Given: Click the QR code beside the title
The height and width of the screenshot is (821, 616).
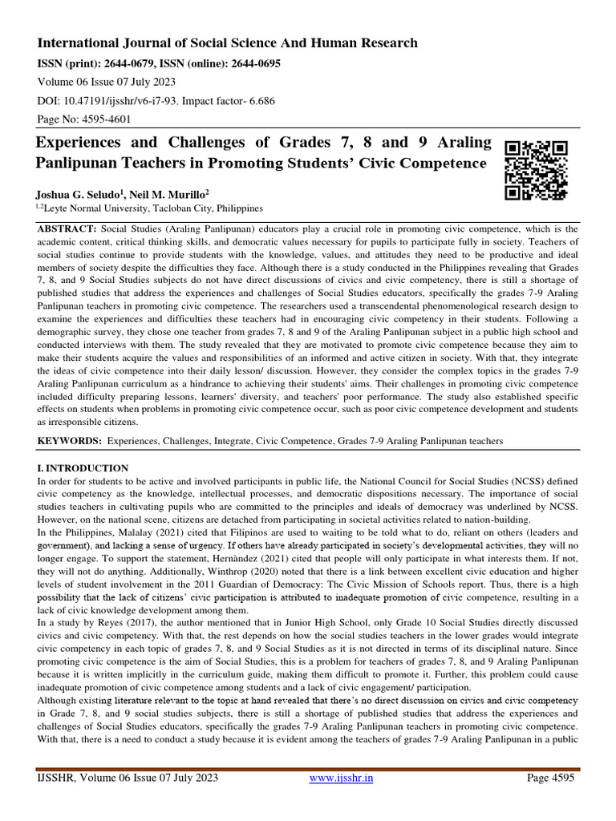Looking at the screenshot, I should (x=536, y=169).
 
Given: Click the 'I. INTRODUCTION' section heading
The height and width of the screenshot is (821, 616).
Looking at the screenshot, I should (x=83, y=467).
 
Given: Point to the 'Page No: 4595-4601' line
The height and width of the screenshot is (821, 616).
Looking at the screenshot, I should (x=84, y=119).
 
